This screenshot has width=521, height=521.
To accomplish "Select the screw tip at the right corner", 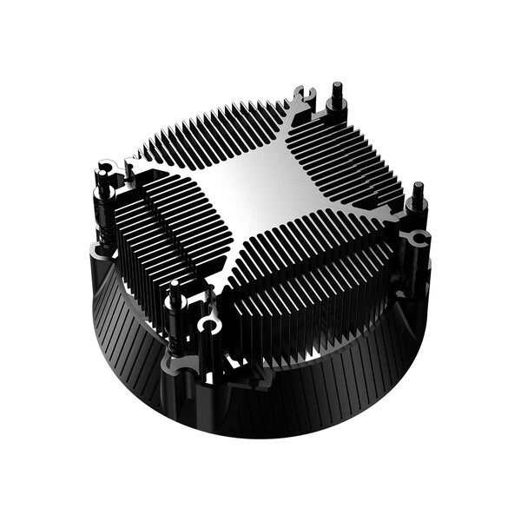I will [x=418, y=187].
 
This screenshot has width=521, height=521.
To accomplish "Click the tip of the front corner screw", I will [x=175, y=287].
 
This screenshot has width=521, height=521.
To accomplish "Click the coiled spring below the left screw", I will [x=105, y=234].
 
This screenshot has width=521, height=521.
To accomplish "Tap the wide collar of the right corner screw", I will [x=416, y=208].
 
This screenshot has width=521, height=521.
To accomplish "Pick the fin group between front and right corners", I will [x=313, y=278].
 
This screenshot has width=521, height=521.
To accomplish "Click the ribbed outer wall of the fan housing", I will [x=287, y=408].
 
